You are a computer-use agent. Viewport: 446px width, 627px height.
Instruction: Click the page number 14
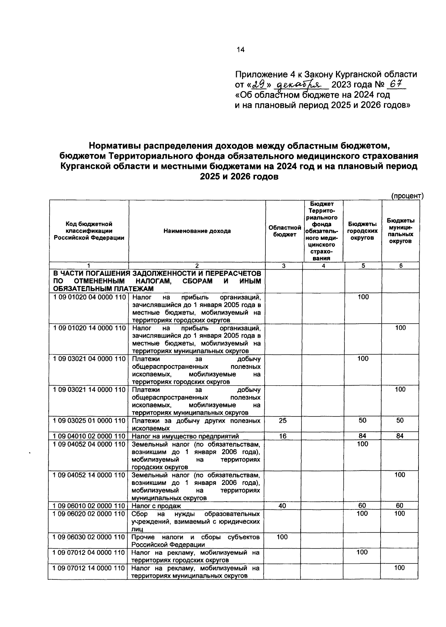pyautogui.click(x=240, y=50)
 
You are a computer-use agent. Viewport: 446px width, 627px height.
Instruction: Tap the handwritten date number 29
pyautogui.click(x=258, y=85)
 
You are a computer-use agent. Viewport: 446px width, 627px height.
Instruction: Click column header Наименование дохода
pyautogui.click(x=197, y=231)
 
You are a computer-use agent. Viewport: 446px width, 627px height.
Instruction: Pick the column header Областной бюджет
pyautogui.click(x=285, y=231)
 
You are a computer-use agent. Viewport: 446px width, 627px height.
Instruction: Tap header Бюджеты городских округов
pyautogui.click(x=362, y=231)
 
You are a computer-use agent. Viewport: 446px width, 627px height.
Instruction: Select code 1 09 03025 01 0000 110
pyautogui.click(x=89, y=421)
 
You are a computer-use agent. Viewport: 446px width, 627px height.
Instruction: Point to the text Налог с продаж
pyautogui.click(x=156, y=506)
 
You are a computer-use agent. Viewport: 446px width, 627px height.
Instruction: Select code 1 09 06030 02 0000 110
pyautogui.click(x=89, y=537)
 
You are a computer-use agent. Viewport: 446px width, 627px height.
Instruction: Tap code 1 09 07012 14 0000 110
pyautogui.click(x=89, y=568)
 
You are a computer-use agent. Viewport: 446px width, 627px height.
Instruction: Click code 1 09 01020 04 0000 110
pyautogui.click(x=89, y=297)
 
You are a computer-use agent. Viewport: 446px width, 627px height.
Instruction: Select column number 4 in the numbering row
pyautogui.click(x=323, y=266)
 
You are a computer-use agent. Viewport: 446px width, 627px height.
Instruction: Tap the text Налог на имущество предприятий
pyautogui.click(x=185, y=437)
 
